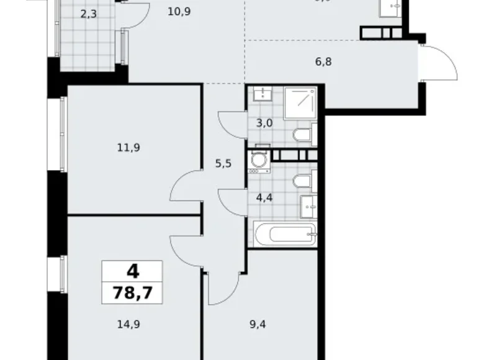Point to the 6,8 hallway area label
[324, 61]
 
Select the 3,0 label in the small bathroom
[264, 123]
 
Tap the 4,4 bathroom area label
[265, 199]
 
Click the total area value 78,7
[132, 291]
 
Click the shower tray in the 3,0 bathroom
[300, 102]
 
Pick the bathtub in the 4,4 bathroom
[285, 235]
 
